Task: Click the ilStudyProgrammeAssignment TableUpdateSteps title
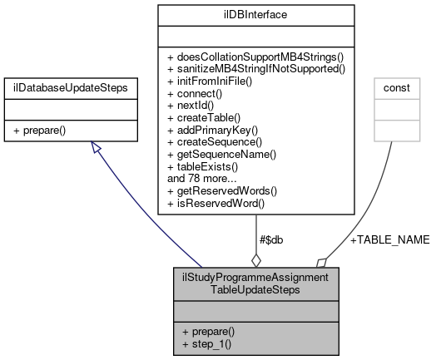(x=255, y=284)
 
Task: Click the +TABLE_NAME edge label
(x=389, y=239)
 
